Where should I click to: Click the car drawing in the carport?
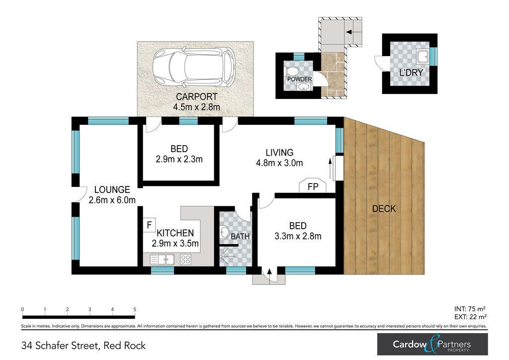tap(194, 68)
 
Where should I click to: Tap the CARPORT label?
tap(196, 96)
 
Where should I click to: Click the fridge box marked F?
tap(149, 225)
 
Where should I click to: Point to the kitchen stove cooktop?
tap(186, 259)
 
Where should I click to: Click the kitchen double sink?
tap(163, 259)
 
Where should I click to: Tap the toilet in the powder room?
tap(291, 71)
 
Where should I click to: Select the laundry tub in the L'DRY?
tap(423, 57)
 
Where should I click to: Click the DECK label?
tap(384, 208)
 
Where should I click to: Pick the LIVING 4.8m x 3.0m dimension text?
tap(279, 158)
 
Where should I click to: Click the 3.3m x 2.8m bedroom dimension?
tap(298, 236)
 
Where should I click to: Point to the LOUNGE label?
tap(112, 189)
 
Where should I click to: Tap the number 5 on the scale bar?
tap(135, 309)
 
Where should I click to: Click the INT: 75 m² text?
tap(470, 309)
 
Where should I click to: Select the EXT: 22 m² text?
tap(470, 317)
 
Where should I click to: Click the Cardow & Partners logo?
tap(432, 344)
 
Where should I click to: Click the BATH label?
tap(240, 236)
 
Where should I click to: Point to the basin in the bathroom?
tap(224, 233)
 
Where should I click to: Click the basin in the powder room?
tap(304, 87)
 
